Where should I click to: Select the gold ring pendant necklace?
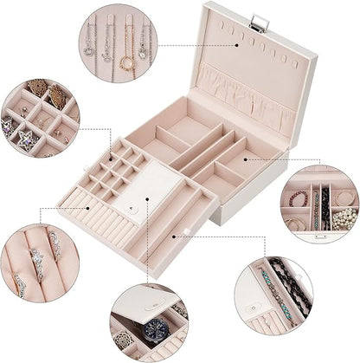point(126,60)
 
